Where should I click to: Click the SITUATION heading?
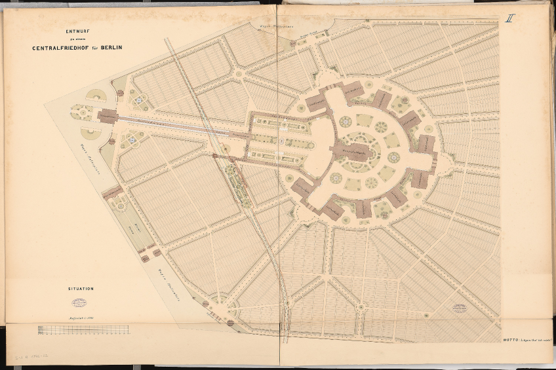tap(80, 288)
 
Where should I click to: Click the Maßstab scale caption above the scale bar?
tap(83, 317)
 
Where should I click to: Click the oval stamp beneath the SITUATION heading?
tap(80, 303)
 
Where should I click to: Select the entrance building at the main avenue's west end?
tap(108, 117)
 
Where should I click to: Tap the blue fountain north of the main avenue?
tap(140, 101)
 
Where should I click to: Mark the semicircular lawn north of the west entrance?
tap(96, 97)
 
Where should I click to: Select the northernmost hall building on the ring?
tap(355, 90)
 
